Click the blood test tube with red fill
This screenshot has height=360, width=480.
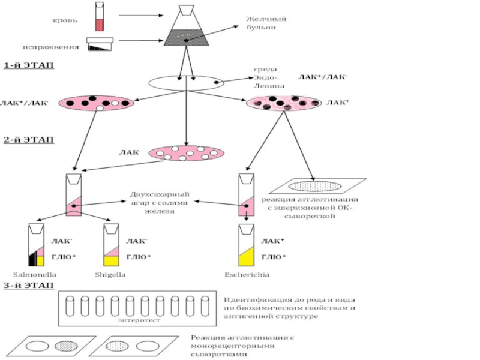(100, 16)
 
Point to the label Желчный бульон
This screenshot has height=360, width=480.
(266, 23)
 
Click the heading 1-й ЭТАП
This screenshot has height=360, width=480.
(28, 65)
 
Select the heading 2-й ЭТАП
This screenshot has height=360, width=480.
(28, 140)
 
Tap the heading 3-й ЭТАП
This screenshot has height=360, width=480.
(28, 285)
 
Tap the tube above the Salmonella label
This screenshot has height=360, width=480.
(37, 246)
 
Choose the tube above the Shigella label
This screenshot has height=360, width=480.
(110, 246)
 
